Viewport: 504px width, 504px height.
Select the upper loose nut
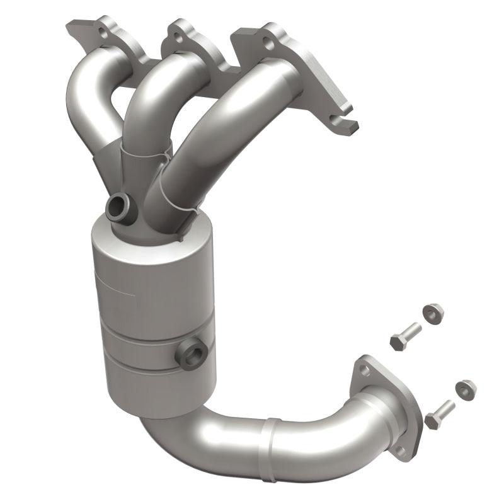pos(431,313)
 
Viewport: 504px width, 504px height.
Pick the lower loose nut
pos(466,388)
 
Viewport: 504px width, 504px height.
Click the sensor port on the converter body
pos(191,355)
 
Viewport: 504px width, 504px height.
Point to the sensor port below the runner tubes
pos(118,209)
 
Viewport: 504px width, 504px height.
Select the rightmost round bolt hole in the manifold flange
pos(268,45)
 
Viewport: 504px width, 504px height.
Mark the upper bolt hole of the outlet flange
pos(364,369)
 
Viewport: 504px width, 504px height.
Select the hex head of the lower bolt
pos(432,420)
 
